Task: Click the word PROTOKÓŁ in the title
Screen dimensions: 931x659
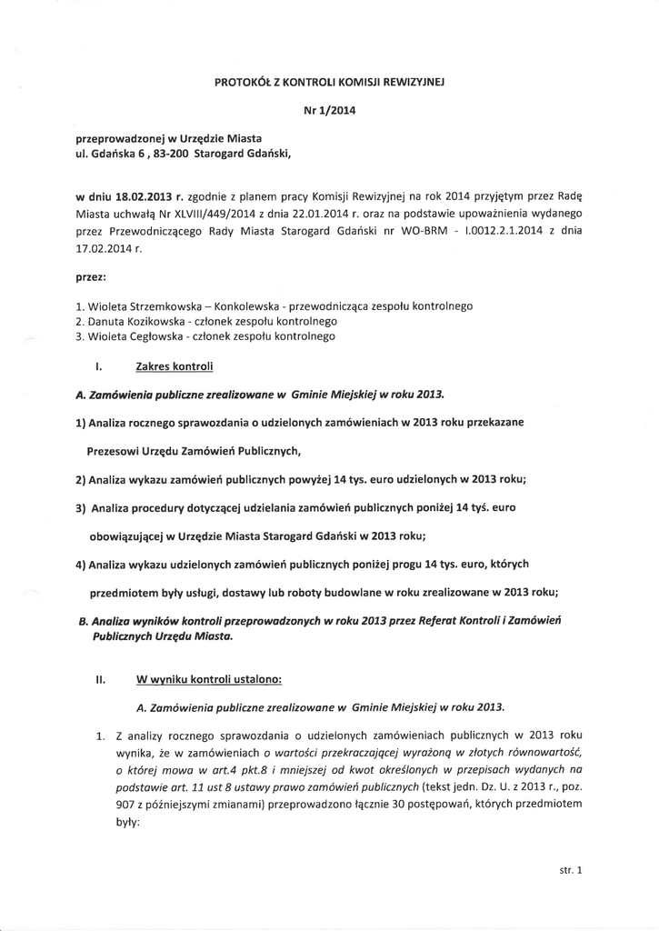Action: pyautogui.click(x=244, y=81)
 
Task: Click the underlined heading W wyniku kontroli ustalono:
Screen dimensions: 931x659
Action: pyautogui.click(x=208, y=677)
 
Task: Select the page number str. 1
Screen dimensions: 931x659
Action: pyautogui.click(x=570, y=870)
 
